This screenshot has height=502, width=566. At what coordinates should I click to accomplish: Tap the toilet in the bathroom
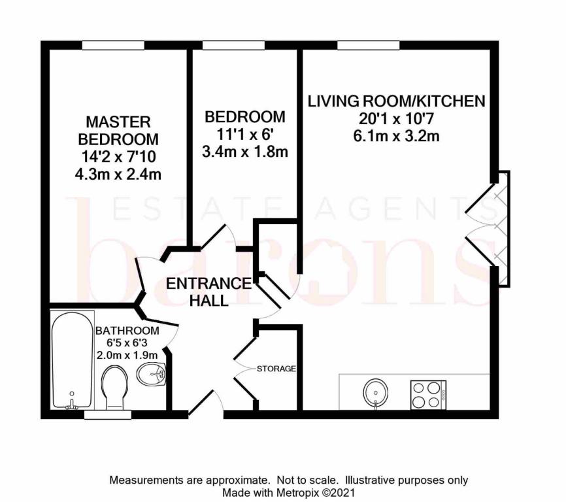[x=116, y=386]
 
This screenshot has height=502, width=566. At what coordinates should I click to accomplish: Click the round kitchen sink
[x=376, y=393]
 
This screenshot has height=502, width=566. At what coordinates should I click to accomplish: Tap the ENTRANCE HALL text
[x=208, y=292]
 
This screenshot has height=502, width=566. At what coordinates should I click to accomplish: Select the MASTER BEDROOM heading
[x=118, y=131]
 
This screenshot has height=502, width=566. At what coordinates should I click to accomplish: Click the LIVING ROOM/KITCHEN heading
[x=396, y=101]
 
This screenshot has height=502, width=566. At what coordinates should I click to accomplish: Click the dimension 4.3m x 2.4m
[x=118, y=174]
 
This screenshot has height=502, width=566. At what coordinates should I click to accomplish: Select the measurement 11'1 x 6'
[x=245, y=135]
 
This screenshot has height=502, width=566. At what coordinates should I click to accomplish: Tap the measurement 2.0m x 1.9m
[x=127, y=355]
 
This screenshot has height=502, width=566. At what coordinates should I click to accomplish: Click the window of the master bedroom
[x=118, y=44]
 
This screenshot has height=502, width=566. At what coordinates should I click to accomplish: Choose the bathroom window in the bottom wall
[x=107, y=414]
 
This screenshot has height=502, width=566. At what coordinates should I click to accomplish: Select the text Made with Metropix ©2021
[x=289, y=492]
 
